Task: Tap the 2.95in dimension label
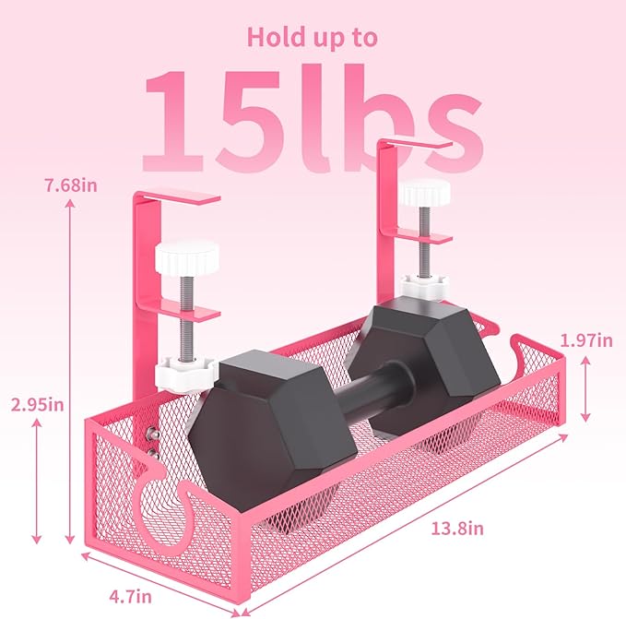click(37, 403)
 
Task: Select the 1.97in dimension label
click(590, 340)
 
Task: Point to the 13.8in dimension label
click(457, 528)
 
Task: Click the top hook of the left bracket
click(180, 196)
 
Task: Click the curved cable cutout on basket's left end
click(166, 502)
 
